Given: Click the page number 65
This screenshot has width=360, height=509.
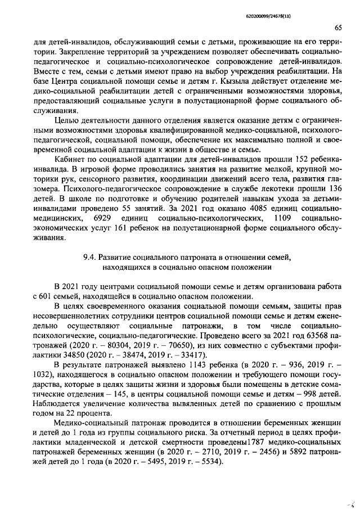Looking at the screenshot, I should pyautogui.click(x=339, y=28).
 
